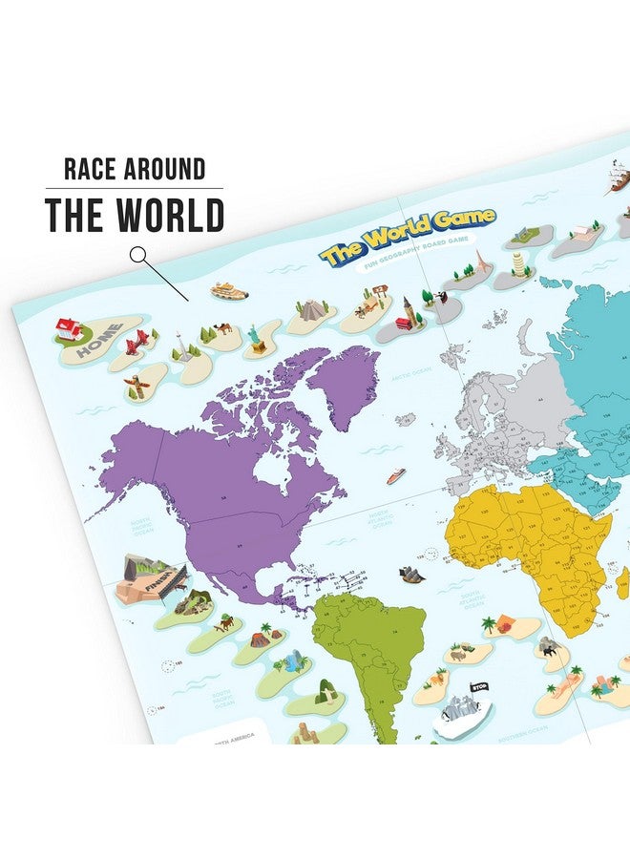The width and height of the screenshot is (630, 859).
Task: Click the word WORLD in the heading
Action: coord(171,216)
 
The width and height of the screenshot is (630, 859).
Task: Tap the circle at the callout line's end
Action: coord(139,255)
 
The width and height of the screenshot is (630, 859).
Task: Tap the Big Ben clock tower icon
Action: coord(408,311)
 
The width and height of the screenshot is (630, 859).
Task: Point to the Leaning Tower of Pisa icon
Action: coord(519,263)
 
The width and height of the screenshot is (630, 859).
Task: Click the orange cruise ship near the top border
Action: coord(229,290)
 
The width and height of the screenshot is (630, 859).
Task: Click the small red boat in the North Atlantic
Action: coord(395,474)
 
